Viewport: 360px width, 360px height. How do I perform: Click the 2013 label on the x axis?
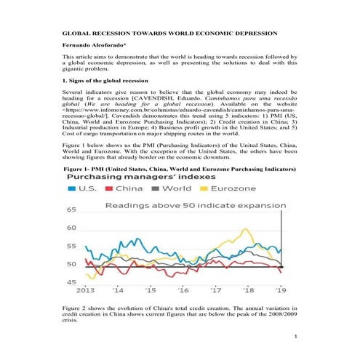point(85,289)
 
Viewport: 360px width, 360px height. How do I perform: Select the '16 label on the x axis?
point(183,289)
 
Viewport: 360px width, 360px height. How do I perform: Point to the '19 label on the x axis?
point(280,289)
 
